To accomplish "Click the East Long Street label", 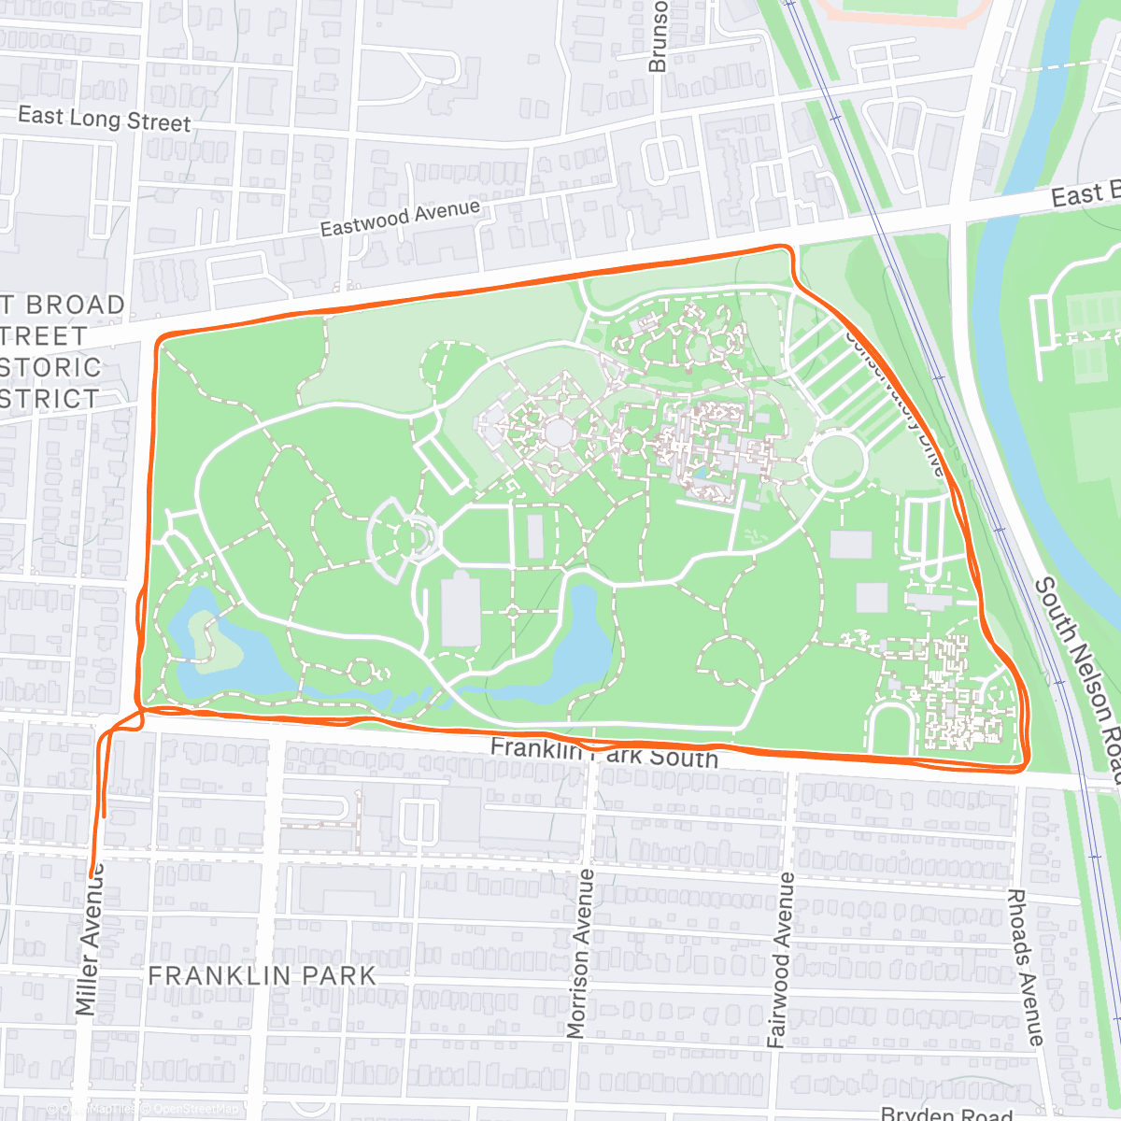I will (x=104, y=120).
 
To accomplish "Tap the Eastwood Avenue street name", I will (x=400, y=218).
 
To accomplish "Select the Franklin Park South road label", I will (x=603, y=752).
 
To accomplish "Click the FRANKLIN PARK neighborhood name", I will (x=262, y=976).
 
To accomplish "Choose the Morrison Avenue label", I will (x=580, y=953).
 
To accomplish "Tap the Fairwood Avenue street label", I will (x=780, y=959).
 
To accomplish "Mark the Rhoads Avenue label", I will (x=1025, y=967).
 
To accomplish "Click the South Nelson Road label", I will (x=1080, y=677).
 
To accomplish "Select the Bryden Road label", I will (x=946, y=1114).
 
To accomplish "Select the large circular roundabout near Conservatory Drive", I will (x=837, y=461).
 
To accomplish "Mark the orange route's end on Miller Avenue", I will (x=92, y=873).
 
